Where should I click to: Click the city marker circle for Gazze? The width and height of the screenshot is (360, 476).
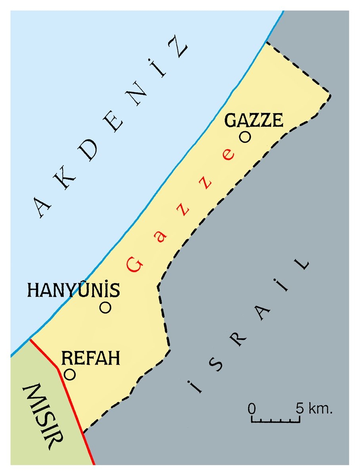click(x=245, y=137)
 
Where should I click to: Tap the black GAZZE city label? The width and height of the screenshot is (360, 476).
click(x=254, y=120)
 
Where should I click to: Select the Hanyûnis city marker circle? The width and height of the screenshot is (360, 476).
click(x=105, y=307)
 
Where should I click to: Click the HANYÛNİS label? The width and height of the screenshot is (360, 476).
click(x=73, y=290)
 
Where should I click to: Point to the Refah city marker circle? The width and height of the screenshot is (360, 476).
click(x=70, y=374)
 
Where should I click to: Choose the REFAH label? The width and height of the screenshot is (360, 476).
click(x=91, y=359)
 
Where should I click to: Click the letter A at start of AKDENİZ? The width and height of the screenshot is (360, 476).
click(x=44, y=208)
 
